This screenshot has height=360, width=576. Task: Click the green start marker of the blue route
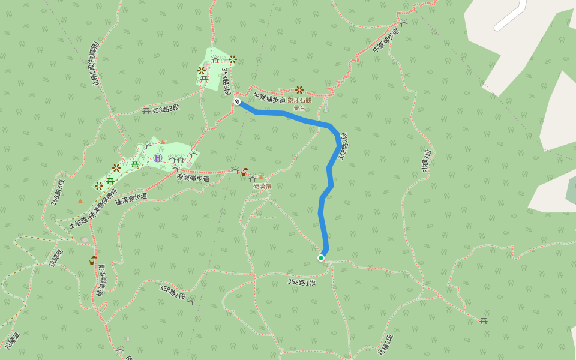[321, 258]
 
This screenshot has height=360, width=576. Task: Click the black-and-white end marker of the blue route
[237, 102]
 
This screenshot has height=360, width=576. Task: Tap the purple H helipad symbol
[157, 157]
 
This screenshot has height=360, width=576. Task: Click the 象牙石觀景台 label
[299, 104]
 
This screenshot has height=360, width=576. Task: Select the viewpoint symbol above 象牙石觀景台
[299, 90]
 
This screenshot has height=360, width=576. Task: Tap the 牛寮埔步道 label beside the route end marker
[269, 98]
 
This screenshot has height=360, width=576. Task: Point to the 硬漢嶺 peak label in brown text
[262, 186]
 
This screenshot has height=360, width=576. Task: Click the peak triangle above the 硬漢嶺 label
[260, 176]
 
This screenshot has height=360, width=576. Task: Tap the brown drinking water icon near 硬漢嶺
[244, 172]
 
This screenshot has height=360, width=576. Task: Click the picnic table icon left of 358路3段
[146, 110]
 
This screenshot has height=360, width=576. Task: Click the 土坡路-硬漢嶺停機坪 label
[93, 211]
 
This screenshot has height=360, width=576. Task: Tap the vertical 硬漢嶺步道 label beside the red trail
[101, 281]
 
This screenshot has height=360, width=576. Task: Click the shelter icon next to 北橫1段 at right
[484, 321]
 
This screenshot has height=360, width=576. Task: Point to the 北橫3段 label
[426, 160]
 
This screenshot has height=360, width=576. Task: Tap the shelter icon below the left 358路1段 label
[190, 302]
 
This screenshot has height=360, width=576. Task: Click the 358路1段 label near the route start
[301, 282]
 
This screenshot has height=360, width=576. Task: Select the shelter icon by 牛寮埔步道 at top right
[404, 23]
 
